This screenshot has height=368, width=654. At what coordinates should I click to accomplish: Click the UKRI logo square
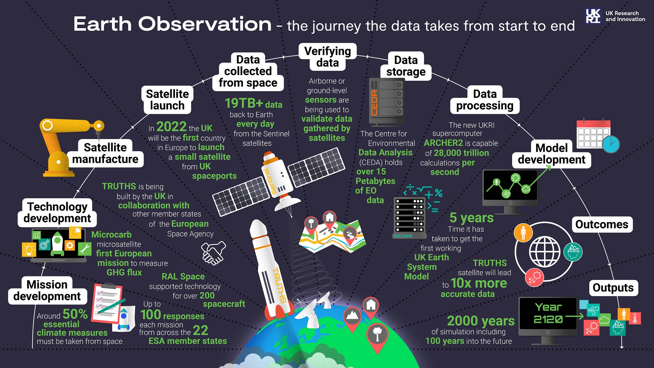pyautogui.click(x=593, y=16)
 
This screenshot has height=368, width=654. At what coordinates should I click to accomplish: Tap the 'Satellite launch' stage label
pyautogui.click(x=167, y=100)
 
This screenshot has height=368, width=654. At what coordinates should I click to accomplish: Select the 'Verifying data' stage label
pyautogui.click(x=328, y=57)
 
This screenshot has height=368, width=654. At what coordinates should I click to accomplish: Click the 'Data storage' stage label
pyautogui.click(x=406, y=66)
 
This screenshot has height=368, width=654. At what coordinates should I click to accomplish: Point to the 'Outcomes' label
pyautogui.click(x=602, y=224)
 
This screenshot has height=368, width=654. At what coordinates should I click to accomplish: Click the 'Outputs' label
pyautogui.click(x=613, y=288)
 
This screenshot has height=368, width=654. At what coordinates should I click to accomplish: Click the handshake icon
pyautogui.click(x=213, y=253)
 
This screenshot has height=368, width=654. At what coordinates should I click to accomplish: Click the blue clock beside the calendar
pyautogui.click(x=611, y=144)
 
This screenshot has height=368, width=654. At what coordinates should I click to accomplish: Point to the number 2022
pyautogui.click(x=171, y=127)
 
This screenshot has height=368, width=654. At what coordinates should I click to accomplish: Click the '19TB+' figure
pyautogui.click(x=244, y=103)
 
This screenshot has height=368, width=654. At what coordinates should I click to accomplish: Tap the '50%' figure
pyautogui.click(x=75, y=314)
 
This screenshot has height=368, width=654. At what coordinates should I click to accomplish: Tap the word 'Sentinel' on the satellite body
pyautogui.click(x=270, y=181)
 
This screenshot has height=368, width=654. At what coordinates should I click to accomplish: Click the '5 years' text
pyautogui.click(x=472, y=218)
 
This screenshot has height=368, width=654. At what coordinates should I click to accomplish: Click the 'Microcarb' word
pyautogui.click(x=112, y=235)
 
